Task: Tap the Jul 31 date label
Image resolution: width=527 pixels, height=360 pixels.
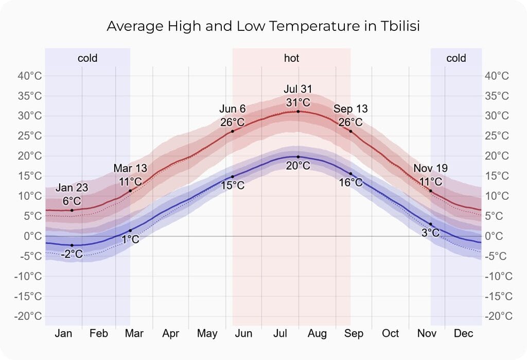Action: click(298, 89)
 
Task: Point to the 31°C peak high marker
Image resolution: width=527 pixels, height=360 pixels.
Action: click(298, 111)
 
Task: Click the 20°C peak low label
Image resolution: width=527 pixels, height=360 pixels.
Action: click(298, 166)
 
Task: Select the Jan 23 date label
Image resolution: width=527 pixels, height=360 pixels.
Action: click(72, 188)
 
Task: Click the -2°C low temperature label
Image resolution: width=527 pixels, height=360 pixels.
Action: click(72, 254)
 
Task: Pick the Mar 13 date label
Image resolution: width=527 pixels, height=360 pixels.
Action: click(130, 168)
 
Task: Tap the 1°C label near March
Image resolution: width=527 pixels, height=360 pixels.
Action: click(130, 239)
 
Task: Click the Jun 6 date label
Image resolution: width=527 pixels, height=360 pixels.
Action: click(233, 109)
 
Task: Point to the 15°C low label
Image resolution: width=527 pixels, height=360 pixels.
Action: click(233, 185)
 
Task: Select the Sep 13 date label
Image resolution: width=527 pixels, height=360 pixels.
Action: click(350, 109)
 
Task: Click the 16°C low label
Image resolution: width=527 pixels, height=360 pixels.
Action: click(350, 182)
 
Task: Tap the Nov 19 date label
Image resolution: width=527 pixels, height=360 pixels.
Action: click(431, 168)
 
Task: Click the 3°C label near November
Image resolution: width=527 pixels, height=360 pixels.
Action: click(431, 233)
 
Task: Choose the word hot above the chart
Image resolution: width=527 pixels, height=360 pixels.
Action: click(291, 58)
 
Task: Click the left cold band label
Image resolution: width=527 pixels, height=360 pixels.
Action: click(87, 58)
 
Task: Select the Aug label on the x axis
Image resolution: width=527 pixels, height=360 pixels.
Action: click(317, 334)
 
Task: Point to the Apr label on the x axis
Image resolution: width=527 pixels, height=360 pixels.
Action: click(170, 334)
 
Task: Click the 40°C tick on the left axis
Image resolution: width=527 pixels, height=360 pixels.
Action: click(30, 76)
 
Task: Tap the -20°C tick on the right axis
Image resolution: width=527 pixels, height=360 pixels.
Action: click(497, 316)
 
